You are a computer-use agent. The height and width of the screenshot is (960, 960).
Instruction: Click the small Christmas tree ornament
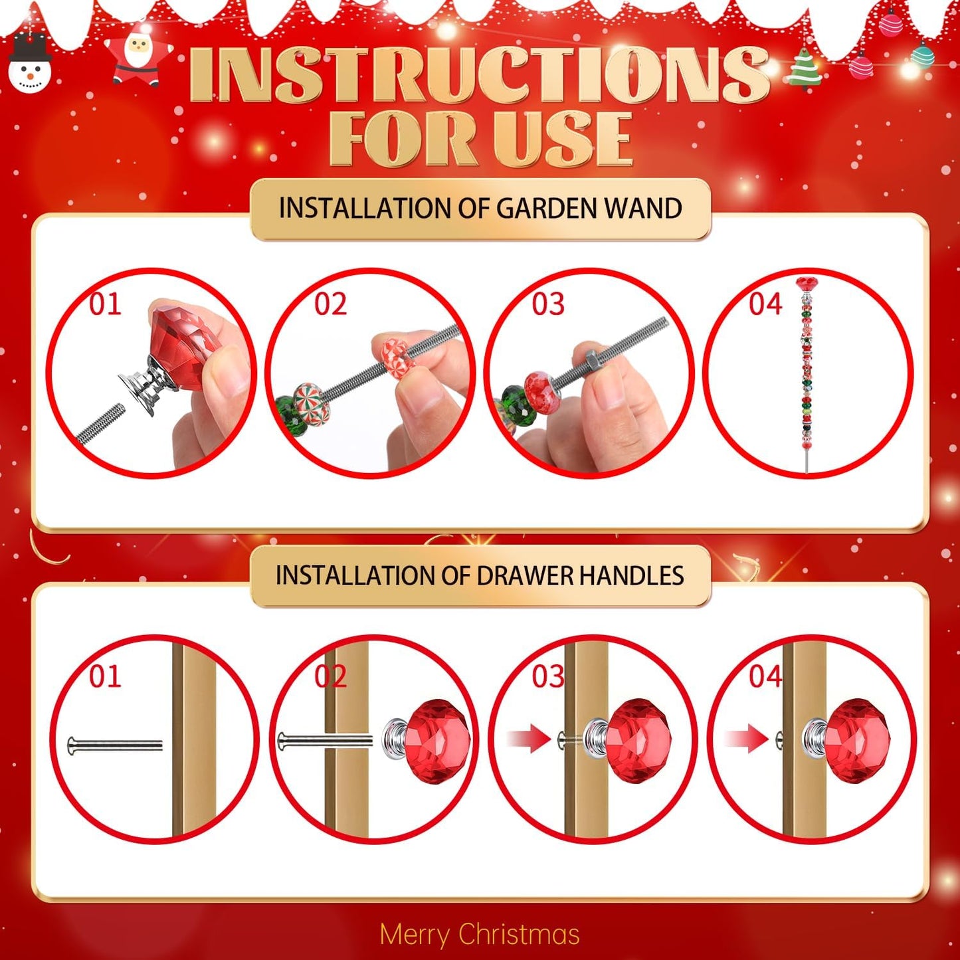coord(805,69)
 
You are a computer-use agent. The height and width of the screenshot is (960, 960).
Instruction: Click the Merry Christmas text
coord(480,934)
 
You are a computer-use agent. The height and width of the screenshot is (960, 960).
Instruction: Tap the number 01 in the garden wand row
coord(105,304)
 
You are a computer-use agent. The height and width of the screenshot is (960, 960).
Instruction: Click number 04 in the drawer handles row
coord(765,676)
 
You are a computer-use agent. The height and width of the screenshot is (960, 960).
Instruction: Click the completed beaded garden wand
coord(807,372)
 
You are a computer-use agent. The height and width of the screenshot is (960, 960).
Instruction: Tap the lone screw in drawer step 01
coord(115,745)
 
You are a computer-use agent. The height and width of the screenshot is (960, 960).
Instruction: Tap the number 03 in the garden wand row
coord(548,304)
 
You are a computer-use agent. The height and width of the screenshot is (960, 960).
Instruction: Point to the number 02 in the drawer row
coord(330,676)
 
